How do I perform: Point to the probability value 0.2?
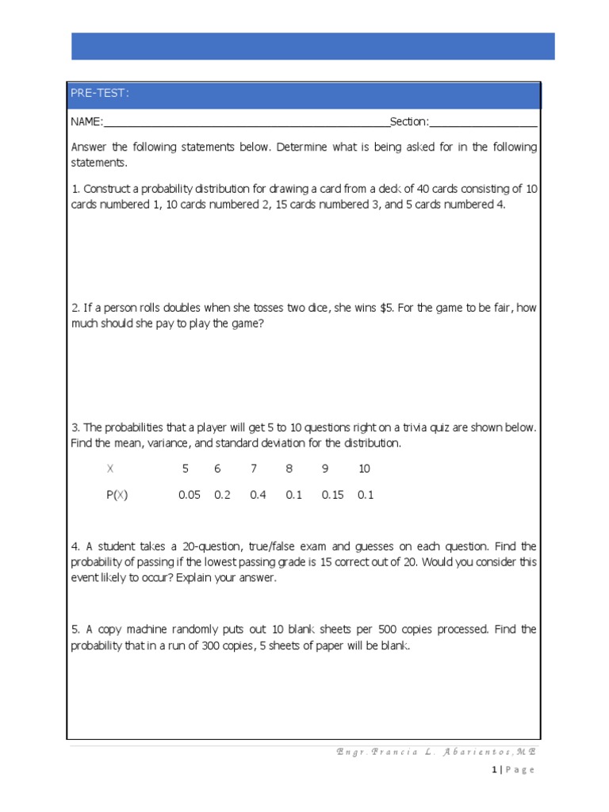click(221, 495)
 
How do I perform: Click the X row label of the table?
click(110, 469)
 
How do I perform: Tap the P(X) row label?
click(117, 495)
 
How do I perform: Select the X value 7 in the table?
click(254, 469)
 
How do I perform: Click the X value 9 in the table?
click(324, 469)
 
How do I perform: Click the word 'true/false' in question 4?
click(284, 546)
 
